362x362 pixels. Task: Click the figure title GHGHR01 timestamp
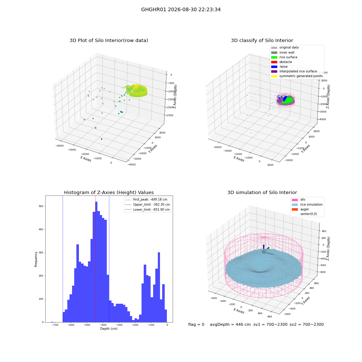181,9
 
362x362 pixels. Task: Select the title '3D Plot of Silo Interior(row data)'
109,41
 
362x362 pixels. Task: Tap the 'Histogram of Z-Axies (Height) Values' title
109,192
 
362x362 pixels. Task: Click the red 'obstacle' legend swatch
274,62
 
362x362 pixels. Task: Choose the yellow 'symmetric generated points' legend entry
297,76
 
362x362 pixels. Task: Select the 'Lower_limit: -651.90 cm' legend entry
147,210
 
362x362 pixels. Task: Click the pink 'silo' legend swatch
295,200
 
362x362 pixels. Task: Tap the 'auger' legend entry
300,209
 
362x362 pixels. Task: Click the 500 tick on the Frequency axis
41,206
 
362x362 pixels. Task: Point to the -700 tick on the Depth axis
55,325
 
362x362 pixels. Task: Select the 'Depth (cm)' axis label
109,329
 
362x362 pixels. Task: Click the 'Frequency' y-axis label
36,259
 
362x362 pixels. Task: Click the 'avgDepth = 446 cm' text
230,324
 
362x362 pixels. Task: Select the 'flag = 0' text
196,324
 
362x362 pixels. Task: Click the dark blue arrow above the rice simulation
264,247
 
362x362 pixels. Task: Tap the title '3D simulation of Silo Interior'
262,192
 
